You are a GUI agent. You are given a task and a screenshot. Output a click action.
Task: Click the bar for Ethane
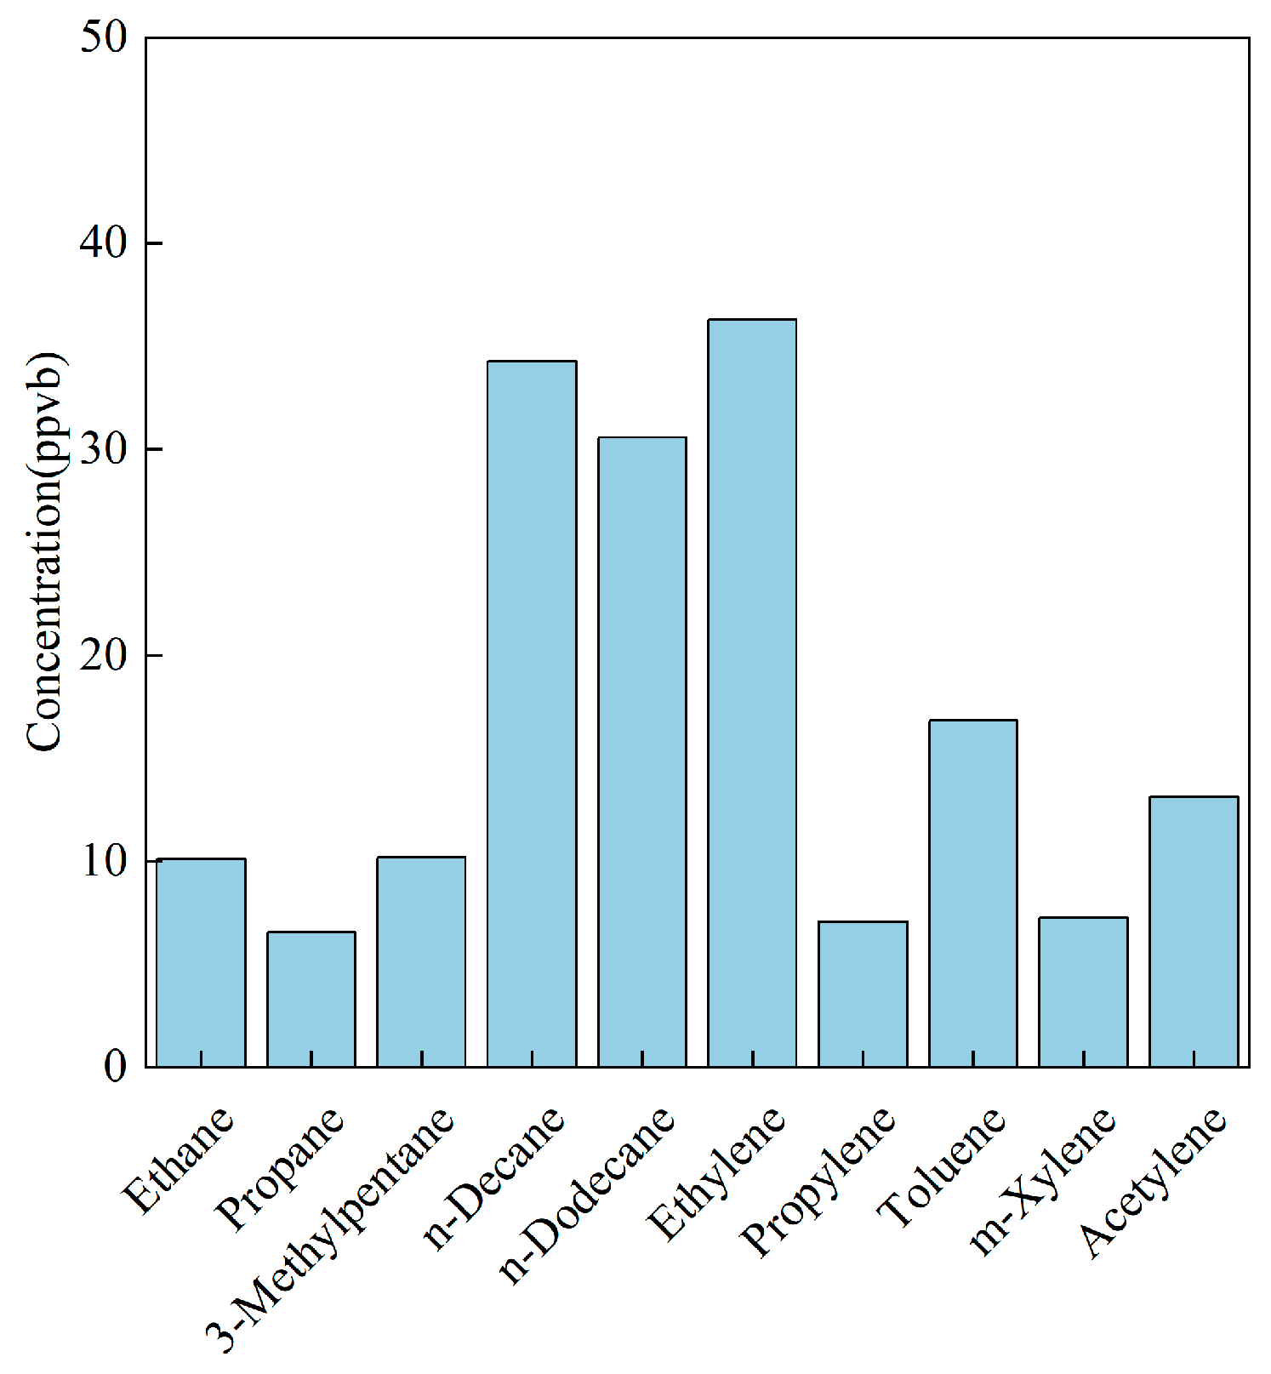(x=201, y=962)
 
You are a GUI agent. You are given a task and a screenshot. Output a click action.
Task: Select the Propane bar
(x=311, y=999)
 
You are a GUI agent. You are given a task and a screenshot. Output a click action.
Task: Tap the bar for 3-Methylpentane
(x=421, y=961)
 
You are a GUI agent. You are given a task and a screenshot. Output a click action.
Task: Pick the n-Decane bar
(x=532, y=714)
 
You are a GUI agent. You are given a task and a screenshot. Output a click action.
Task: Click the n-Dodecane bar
(x=642, y=752)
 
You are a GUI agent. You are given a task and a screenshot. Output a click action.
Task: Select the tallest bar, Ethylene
(x=752, y=693)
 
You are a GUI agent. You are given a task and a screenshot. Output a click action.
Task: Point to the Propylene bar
(x=863, y=994)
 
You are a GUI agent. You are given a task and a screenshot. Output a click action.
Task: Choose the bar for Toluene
(x=973, y=893)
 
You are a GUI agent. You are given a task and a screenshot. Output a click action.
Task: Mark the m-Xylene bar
(x=1083, y=992)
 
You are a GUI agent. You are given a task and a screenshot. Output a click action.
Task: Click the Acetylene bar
(x=1194, y=932)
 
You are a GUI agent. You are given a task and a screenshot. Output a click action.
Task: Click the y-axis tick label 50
(x=104, y=37)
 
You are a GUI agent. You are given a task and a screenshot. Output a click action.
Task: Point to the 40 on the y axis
(x=104, y=243)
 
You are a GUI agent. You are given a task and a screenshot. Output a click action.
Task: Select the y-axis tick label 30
(x=104, y=449)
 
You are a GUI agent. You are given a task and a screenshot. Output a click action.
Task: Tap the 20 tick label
(x=104, y=655)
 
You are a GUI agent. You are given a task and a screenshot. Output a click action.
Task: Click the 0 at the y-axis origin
(x=116, y=1067)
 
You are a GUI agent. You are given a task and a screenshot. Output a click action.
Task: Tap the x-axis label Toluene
(x=943, y=1167)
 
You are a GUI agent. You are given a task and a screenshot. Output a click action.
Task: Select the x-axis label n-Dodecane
(x=587, y=1194)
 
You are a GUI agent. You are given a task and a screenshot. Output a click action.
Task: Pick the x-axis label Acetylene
(x=1154, y=1182)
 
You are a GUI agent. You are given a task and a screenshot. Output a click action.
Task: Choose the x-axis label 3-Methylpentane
(x=330, y=1229)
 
